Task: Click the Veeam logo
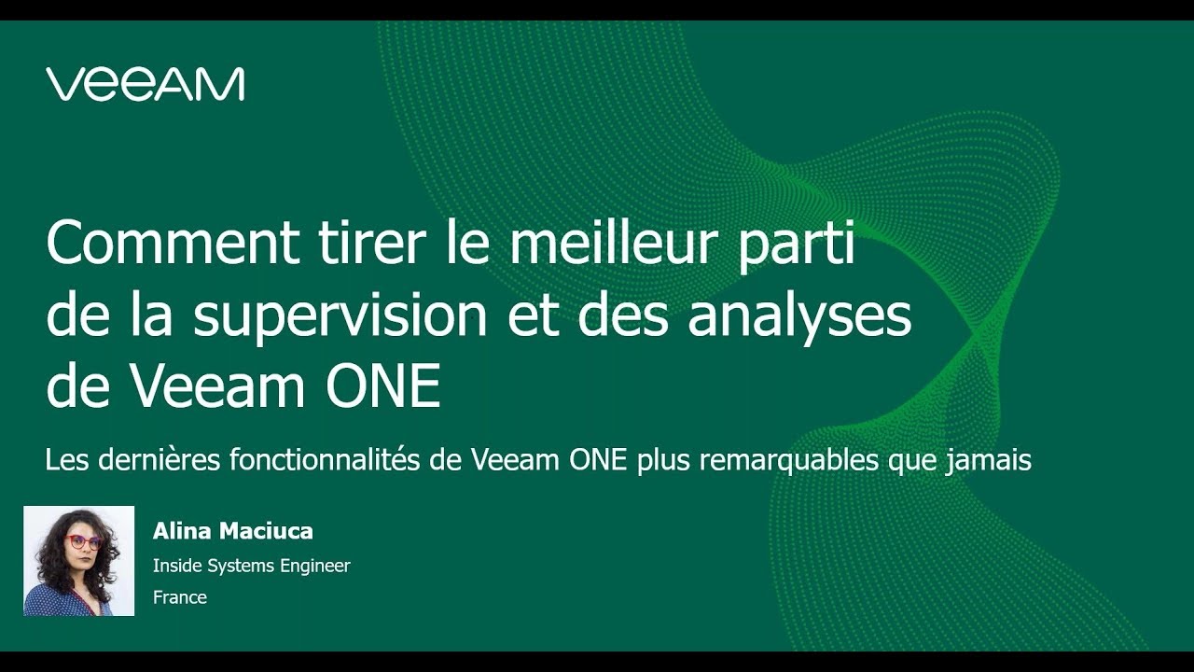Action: tap(145, 84)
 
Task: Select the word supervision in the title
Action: tap(340, 317)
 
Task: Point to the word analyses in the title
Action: tap(799, 317)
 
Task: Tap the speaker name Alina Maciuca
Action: tap(233, 532)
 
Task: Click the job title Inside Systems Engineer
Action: tap(252, 566)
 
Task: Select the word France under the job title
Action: tap(180, 597)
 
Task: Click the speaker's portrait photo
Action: tap(78, 561)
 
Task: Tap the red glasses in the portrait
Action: tap(84, 542)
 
